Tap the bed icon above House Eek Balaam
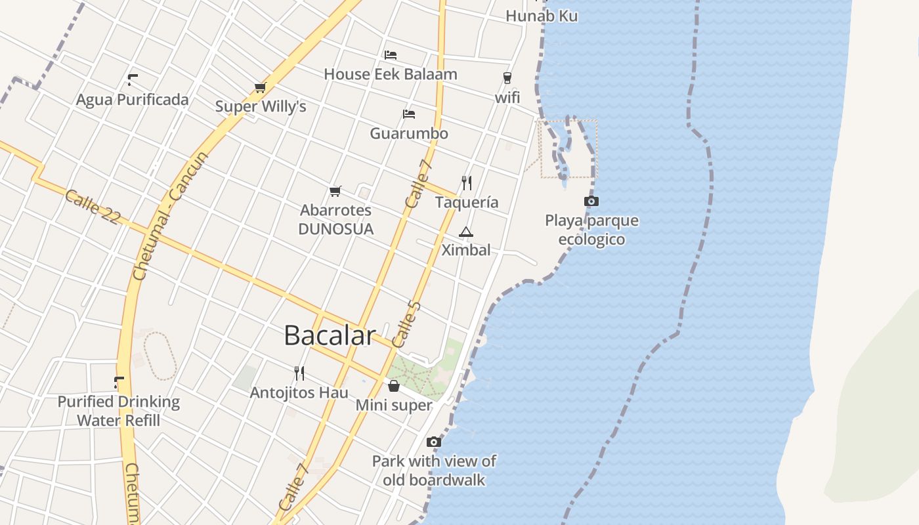[391, 54]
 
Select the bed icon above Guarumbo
[409, 114]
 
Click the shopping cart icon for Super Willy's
[260, 88]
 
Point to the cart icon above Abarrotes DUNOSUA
[335, 191]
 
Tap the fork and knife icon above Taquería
[467, 182]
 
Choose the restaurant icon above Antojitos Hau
[299, 373]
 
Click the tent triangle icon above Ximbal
[466, 232]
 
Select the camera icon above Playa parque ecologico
[591, 201]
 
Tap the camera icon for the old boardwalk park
[433, 442]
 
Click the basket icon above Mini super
[394, 386]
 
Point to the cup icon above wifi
[507, 78]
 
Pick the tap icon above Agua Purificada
[133, 80]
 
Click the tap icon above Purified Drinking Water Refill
[119, 382]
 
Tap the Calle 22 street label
[93, 207]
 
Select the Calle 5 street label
[406, 324]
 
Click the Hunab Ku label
[542, 16]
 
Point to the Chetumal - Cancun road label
[170, 216]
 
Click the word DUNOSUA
[335, 229]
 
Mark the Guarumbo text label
[409, 134]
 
